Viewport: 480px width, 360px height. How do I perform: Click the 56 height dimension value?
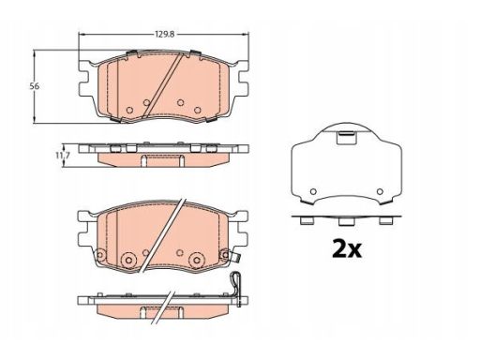pos(35,86)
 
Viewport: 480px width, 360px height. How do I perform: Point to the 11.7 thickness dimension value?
pos(63,156)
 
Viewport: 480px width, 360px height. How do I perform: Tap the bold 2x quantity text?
pos(347,248)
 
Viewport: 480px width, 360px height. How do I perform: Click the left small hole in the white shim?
pos(313,191)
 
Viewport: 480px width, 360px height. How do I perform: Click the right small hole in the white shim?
pos(380,191)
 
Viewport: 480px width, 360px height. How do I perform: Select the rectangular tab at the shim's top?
pos(346,138)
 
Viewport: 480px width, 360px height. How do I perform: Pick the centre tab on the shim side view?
pos(346,221)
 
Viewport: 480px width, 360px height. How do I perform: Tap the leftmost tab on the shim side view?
pos(307,221)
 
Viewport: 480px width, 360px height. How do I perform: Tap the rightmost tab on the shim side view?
pos(385,221)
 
